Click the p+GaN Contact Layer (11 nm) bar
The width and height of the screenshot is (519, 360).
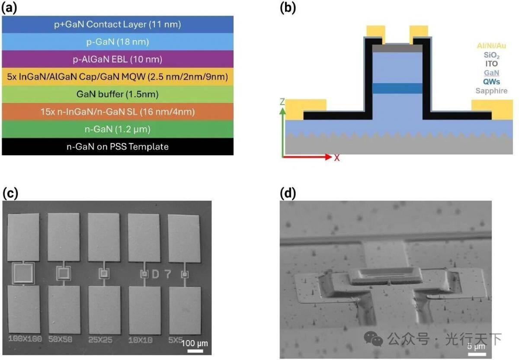tap(118, 24)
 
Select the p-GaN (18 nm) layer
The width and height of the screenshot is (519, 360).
tap(118, 42)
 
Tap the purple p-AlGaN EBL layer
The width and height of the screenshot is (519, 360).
tap(118, 59)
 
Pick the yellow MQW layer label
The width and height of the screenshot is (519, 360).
tap(118, 77)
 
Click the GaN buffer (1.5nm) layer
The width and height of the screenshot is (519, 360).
tap(118, 94)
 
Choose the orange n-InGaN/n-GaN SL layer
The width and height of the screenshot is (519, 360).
tap(118, 112)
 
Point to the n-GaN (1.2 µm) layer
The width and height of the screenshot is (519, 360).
tap(118, 129)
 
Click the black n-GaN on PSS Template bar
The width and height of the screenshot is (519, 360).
tap(118, 147)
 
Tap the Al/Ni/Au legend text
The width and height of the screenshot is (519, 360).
tap(491, 45)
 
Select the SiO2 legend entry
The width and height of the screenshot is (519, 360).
tap(491, 55)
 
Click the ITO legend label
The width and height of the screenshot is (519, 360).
tap(491, 64)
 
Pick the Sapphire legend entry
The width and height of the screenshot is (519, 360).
tap(491, 91)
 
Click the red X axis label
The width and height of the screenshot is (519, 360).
tap(336, 157)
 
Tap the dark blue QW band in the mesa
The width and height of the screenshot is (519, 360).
tap(397, 88)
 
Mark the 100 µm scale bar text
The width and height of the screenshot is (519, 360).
tap(194, 343)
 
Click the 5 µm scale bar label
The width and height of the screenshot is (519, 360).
tap(475, 347)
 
